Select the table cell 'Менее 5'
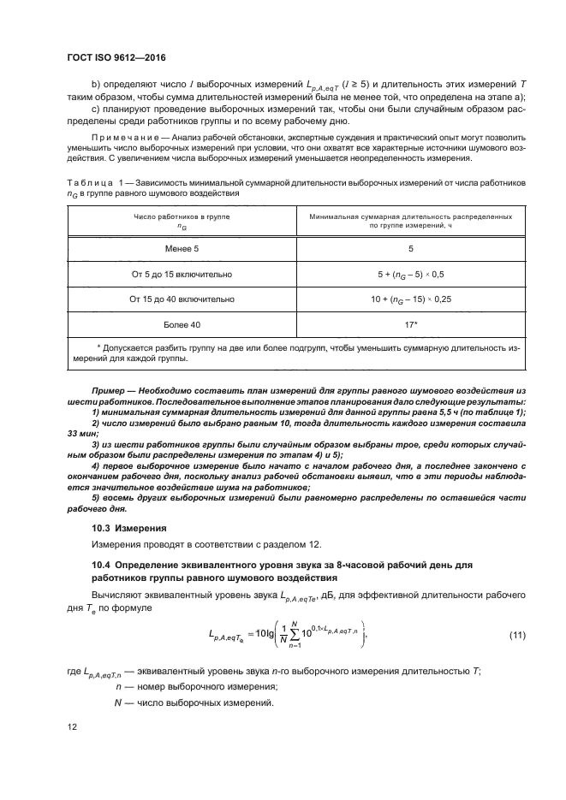click(x=180, y=248)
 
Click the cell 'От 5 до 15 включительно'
click(x=180, y=274)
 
